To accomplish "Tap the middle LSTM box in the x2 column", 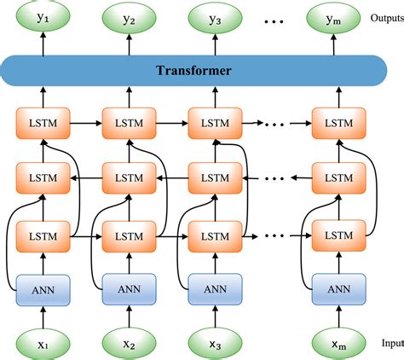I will [x=127, y=178].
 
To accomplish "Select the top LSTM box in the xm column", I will [x=338, y=123].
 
